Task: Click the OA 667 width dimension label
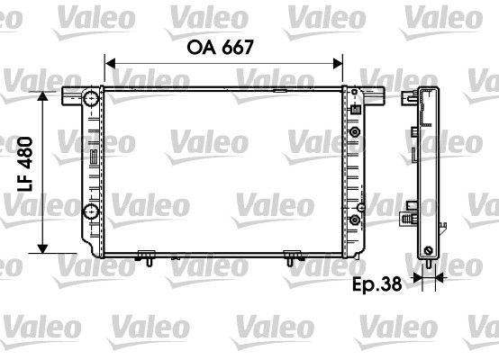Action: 220,48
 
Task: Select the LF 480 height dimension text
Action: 25,164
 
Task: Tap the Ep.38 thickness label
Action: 377,284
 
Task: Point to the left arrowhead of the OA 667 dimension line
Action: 110,64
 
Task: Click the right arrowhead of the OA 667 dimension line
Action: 338,64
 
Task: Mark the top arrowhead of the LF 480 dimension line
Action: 42,96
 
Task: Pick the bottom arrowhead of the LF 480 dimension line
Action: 42,248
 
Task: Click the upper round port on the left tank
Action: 91,98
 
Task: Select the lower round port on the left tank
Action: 91,211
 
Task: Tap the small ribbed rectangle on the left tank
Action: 95,157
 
